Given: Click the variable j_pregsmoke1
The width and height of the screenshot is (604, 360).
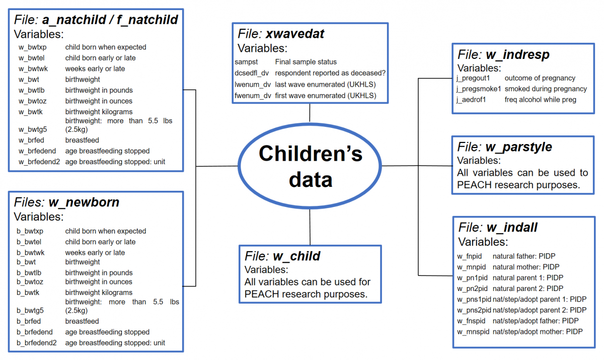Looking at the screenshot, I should click(478, 89).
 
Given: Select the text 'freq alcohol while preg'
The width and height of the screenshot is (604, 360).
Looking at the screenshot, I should click(540, 99).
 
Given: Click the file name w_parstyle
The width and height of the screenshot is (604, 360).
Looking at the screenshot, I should click(518, 147).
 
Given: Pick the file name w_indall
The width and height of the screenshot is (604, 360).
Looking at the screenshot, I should click(512, 228).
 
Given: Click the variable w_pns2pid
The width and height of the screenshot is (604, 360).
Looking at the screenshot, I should click(474, 310).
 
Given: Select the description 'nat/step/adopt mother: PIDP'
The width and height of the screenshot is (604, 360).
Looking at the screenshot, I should click(538, 332).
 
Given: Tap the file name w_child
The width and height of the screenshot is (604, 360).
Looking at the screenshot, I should click(296, 256).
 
